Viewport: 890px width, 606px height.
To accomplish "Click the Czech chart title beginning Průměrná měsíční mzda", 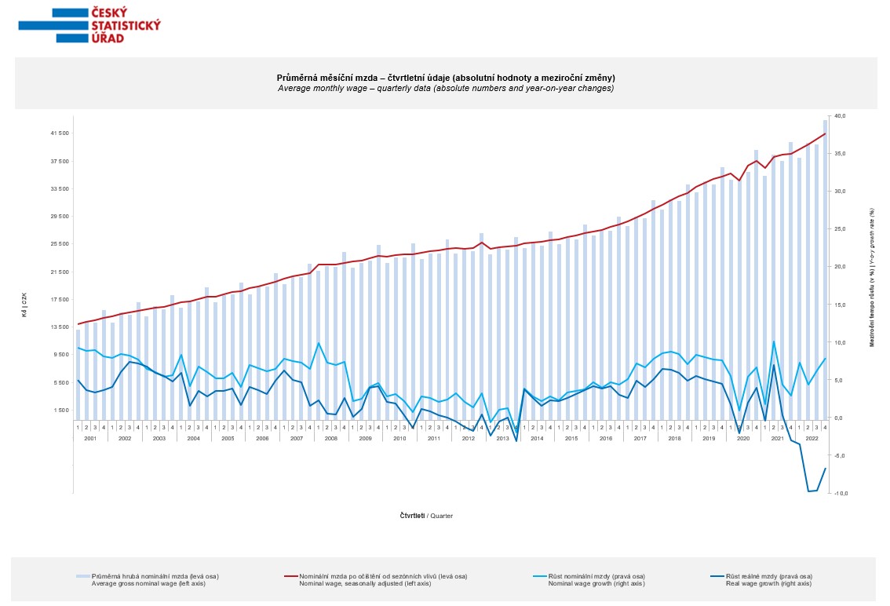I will [x=445, y=78].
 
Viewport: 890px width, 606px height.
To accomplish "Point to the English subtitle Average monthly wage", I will [x=445, y=88].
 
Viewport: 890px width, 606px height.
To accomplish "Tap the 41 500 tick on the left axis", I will [x=59, y=133].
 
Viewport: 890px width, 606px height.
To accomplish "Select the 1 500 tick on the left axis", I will [x=60, y=410].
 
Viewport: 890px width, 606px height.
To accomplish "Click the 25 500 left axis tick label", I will [x=59, y=244].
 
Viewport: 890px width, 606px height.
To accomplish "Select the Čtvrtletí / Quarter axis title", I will [x=426, y=516].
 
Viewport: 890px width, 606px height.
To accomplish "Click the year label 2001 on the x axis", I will [x=90, y=437].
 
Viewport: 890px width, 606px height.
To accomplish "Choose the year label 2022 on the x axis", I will [x=812, y=437].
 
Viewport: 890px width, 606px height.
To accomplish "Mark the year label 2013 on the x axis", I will [x=502, y=437].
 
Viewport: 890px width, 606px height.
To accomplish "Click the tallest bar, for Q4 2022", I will [x=825, y=267].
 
